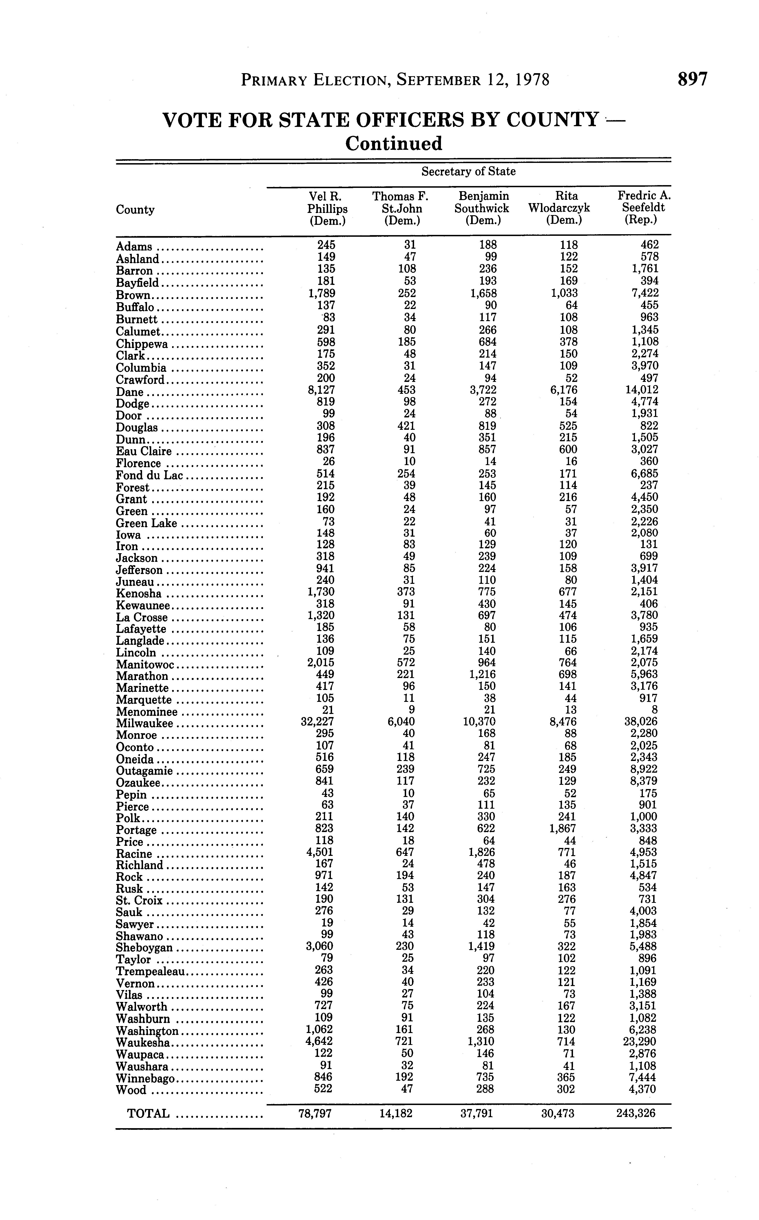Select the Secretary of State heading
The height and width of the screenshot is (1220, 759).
(x=468, y=172)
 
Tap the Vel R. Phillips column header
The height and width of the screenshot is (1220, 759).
(x=328, y=208)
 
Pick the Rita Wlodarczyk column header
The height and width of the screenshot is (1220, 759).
(x=559, y=208)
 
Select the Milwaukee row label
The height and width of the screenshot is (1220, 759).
(x=145, y=723)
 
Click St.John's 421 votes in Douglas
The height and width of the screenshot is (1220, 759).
(x=406, y=426)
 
